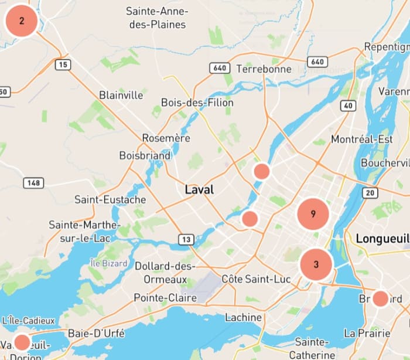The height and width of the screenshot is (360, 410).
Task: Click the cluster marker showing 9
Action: pyautogui.click(x=313, y=214)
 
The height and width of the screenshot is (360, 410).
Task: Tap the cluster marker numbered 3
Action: pyautogui.click(x=316, y=264)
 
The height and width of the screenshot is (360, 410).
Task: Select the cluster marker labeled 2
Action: pyautogui.click(x=22, y=21)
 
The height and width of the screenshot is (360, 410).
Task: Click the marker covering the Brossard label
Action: pyautogui.click(x=381, y=298)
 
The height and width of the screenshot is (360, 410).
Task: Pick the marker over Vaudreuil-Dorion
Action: pyautogui.click(x=22, y=342)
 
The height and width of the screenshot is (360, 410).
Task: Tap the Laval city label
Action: pyautogui.click(x=199, y=189)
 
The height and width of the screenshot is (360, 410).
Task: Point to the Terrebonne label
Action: pyautogui.click(x=264, y=69)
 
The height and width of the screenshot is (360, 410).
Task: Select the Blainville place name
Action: pyautogui.click(x=121, y=95)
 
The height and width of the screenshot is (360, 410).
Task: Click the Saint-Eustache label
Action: pyautogui.click(x=110, y=199)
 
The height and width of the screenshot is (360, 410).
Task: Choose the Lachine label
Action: pyautogui.click(x=243, y=317)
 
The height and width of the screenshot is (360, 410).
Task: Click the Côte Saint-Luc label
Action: pyautogui.click(x=256, y=279)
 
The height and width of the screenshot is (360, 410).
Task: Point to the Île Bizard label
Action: pyautogui.click(x=110, y=263)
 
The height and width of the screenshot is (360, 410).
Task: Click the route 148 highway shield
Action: pyautogui.click(x=34, y=183)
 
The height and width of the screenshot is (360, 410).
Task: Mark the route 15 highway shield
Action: pyautogui.click(x=63, y=64)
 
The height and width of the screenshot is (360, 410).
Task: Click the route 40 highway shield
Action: pyautogui.click(x=348, y=106)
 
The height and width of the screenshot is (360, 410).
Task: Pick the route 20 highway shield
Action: pyautogui.click(x=370, y=193)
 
